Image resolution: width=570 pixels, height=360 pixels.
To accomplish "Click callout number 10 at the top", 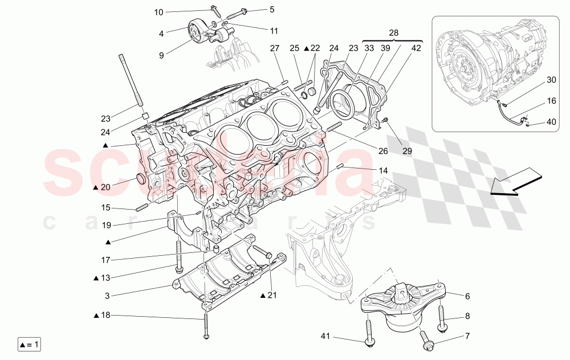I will point(158,12).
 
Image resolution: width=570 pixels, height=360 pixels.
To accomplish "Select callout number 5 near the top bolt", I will point(272,9).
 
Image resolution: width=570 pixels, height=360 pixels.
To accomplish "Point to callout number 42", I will point(416,48).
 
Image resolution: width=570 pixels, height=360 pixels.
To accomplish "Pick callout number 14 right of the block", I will point(383,170).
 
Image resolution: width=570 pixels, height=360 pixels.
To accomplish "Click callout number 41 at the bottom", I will point(325,337).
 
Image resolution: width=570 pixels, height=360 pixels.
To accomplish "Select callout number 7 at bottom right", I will point(467,337).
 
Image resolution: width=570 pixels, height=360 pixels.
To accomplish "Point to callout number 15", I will point(106,207).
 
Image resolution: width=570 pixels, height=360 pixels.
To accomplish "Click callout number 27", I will point(275,48).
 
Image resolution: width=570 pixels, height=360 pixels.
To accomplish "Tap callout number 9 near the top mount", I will point(161,55).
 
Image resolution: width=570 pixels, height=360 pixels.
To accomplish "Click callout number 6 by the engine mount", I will point(467,296).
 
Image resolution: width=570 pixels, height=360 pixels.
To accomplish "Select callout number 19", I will point(106,225).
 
